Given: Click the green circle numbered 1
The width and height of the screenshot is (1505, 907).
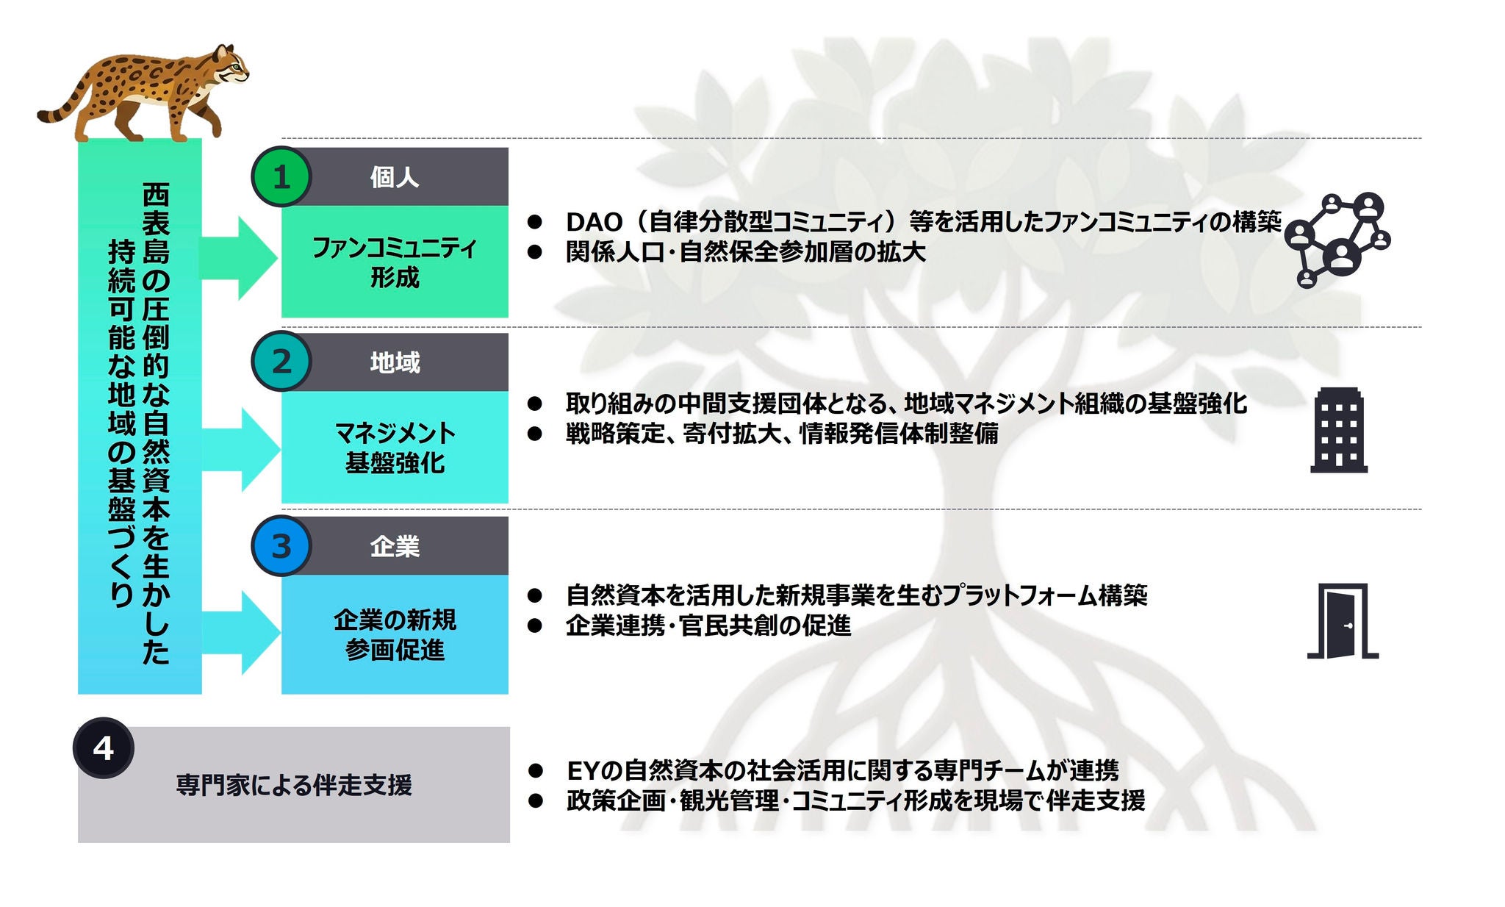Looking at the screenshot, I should [x=281, y=177].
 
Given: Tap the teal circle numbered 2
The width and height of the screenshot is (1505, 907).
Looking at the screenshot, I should [x=281, y=362].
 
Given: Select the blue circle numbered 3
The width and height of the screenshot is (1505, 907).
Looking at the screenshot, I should [x=281, y=546].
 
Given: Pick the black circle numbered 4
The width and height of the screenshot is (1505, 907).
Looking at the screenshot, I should [x=104, y=748].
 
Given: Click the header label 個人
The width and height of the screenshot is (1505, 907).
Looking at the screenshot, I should [x=395, y=177].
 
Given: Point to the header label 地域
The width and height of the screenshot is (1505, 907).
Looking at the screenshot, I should [x=395, y=362].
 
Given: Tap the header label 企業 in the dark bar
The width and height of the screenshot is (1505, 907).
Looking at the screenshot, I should [x=395, y=546].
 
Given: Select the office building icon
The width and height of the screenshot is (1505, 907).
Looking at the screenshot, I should [x=1338, y=430].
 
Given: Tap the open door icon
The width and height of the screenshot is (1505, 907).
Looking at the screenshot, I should [x=1343, y=622].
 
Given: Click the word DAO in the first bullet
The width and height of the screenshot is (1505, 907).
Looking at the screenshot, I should [x=594, y=222].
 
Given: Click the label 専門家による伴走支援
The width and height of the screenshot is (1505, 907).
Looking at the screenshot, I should [x=294, y=785].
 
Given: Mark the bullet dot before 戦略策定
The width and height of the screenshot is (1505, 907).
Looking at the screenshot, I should [x=535, y=434].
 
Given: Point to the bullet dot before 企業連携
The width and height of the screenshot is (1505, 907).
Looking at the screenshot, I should [x=535, y=625].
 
